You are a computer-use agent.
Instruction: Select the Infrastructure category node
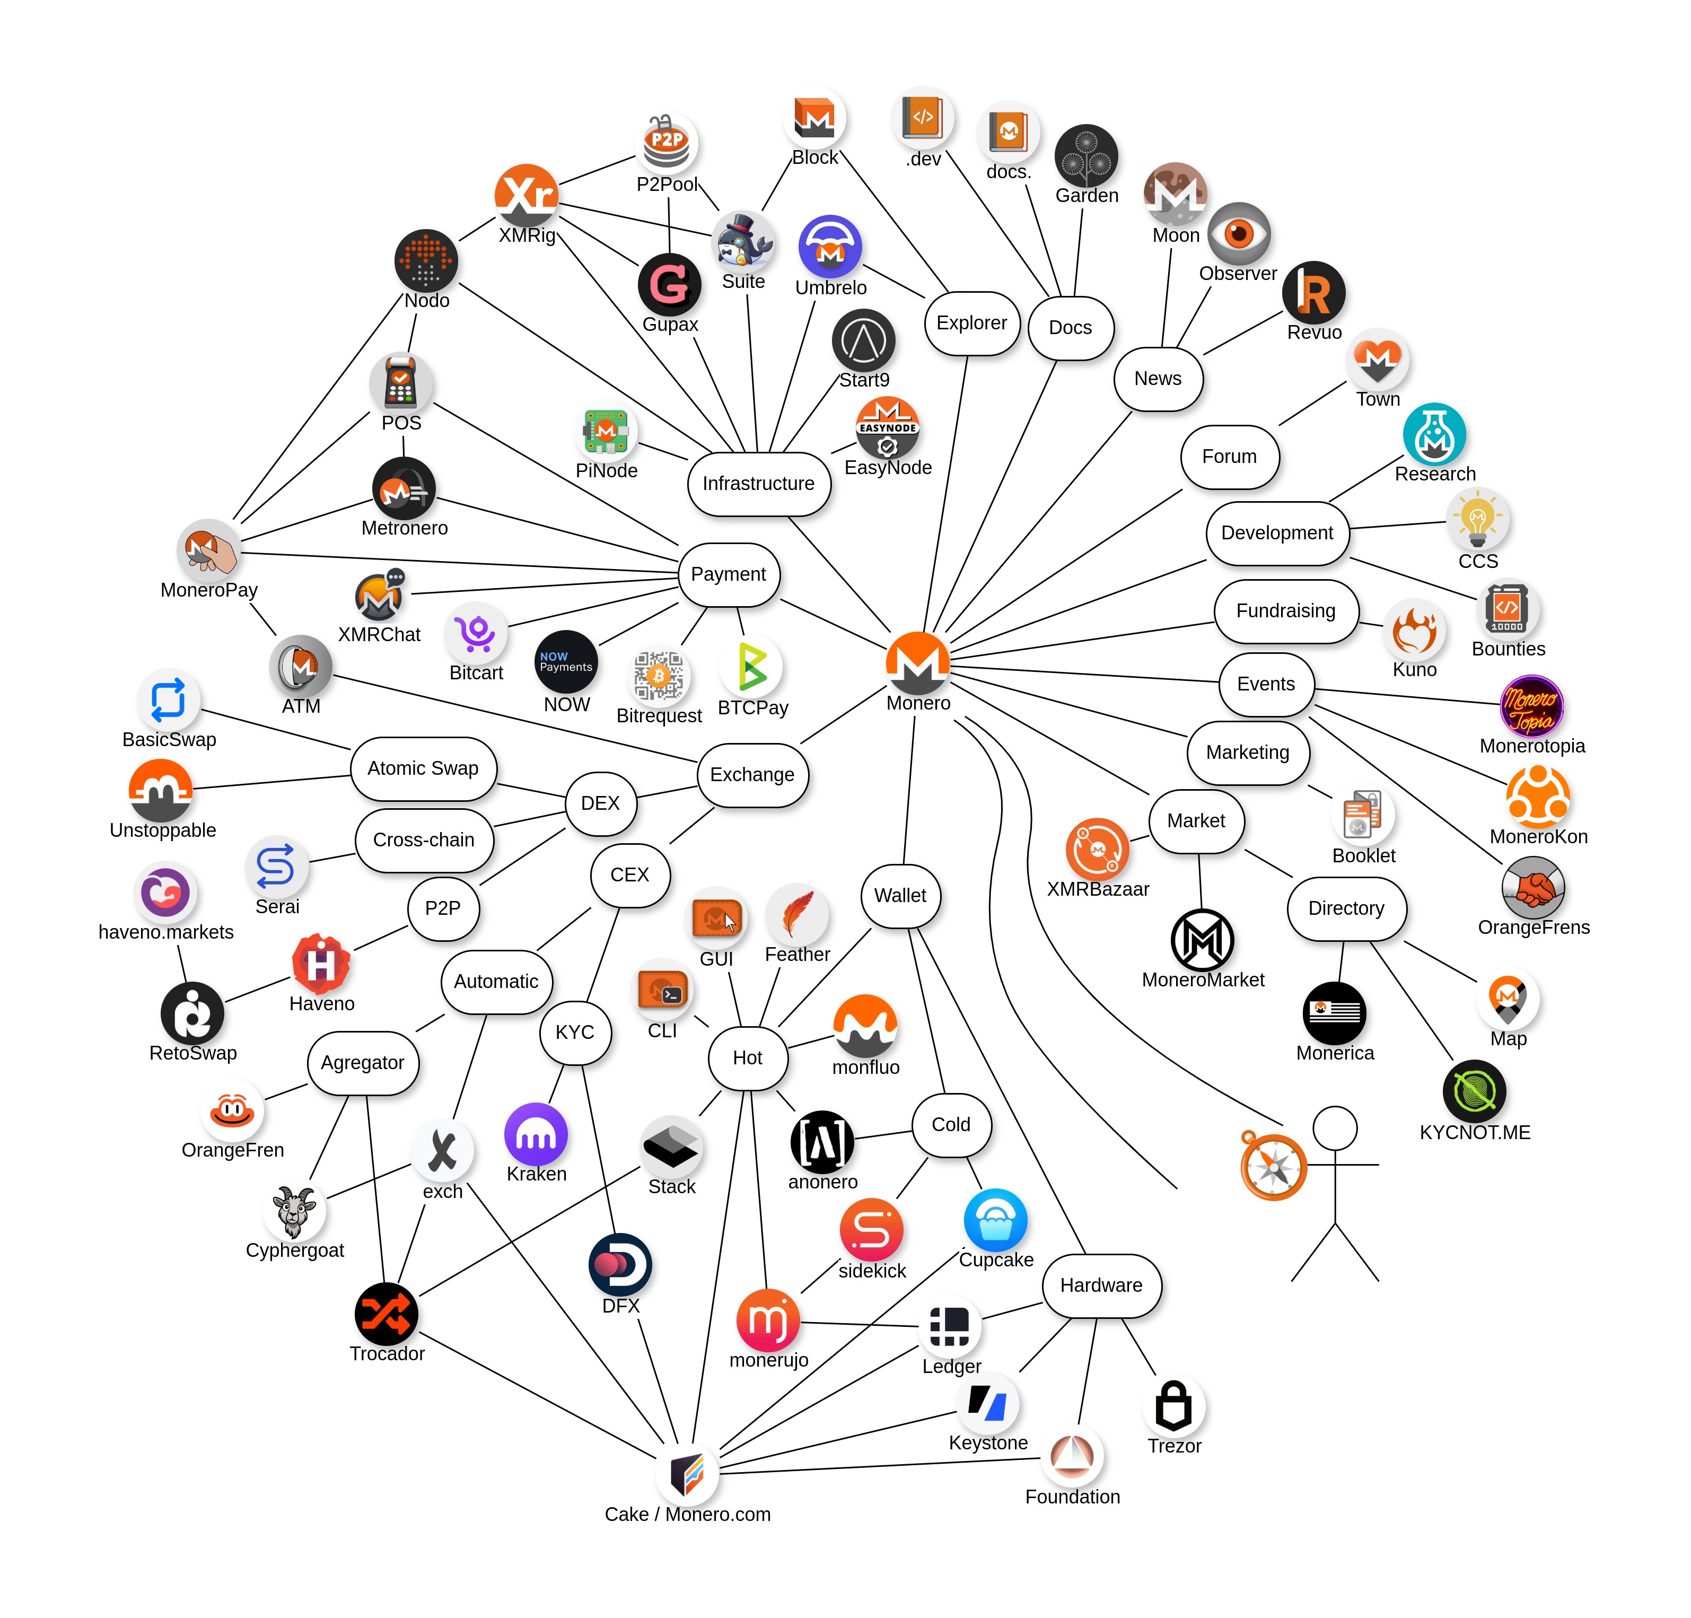point(758,484)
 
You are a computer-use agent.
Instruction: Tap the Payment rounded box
point(728,574)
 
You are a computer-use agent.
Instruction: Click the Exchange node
point(752,774)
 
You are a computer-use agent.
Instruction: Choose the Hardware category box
point(1101,1285)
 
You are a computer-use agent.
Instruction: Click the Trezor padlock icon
point(1173,1406)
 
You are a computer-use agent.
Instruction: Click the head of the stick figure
point(1335,1128)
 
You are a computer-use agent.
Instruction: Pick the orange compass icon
point(1274,1166)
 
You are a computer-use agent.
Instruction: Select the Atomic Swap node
point(423,768)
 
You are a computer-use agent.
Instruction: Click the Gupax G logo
point(669,285)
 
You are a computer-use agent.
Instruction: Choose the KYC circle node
point(575,1033)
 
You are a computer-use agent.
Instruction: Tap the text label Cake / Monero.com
point(687,1515)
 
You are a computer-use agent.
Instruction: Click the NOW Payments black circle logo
point(566,662)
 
